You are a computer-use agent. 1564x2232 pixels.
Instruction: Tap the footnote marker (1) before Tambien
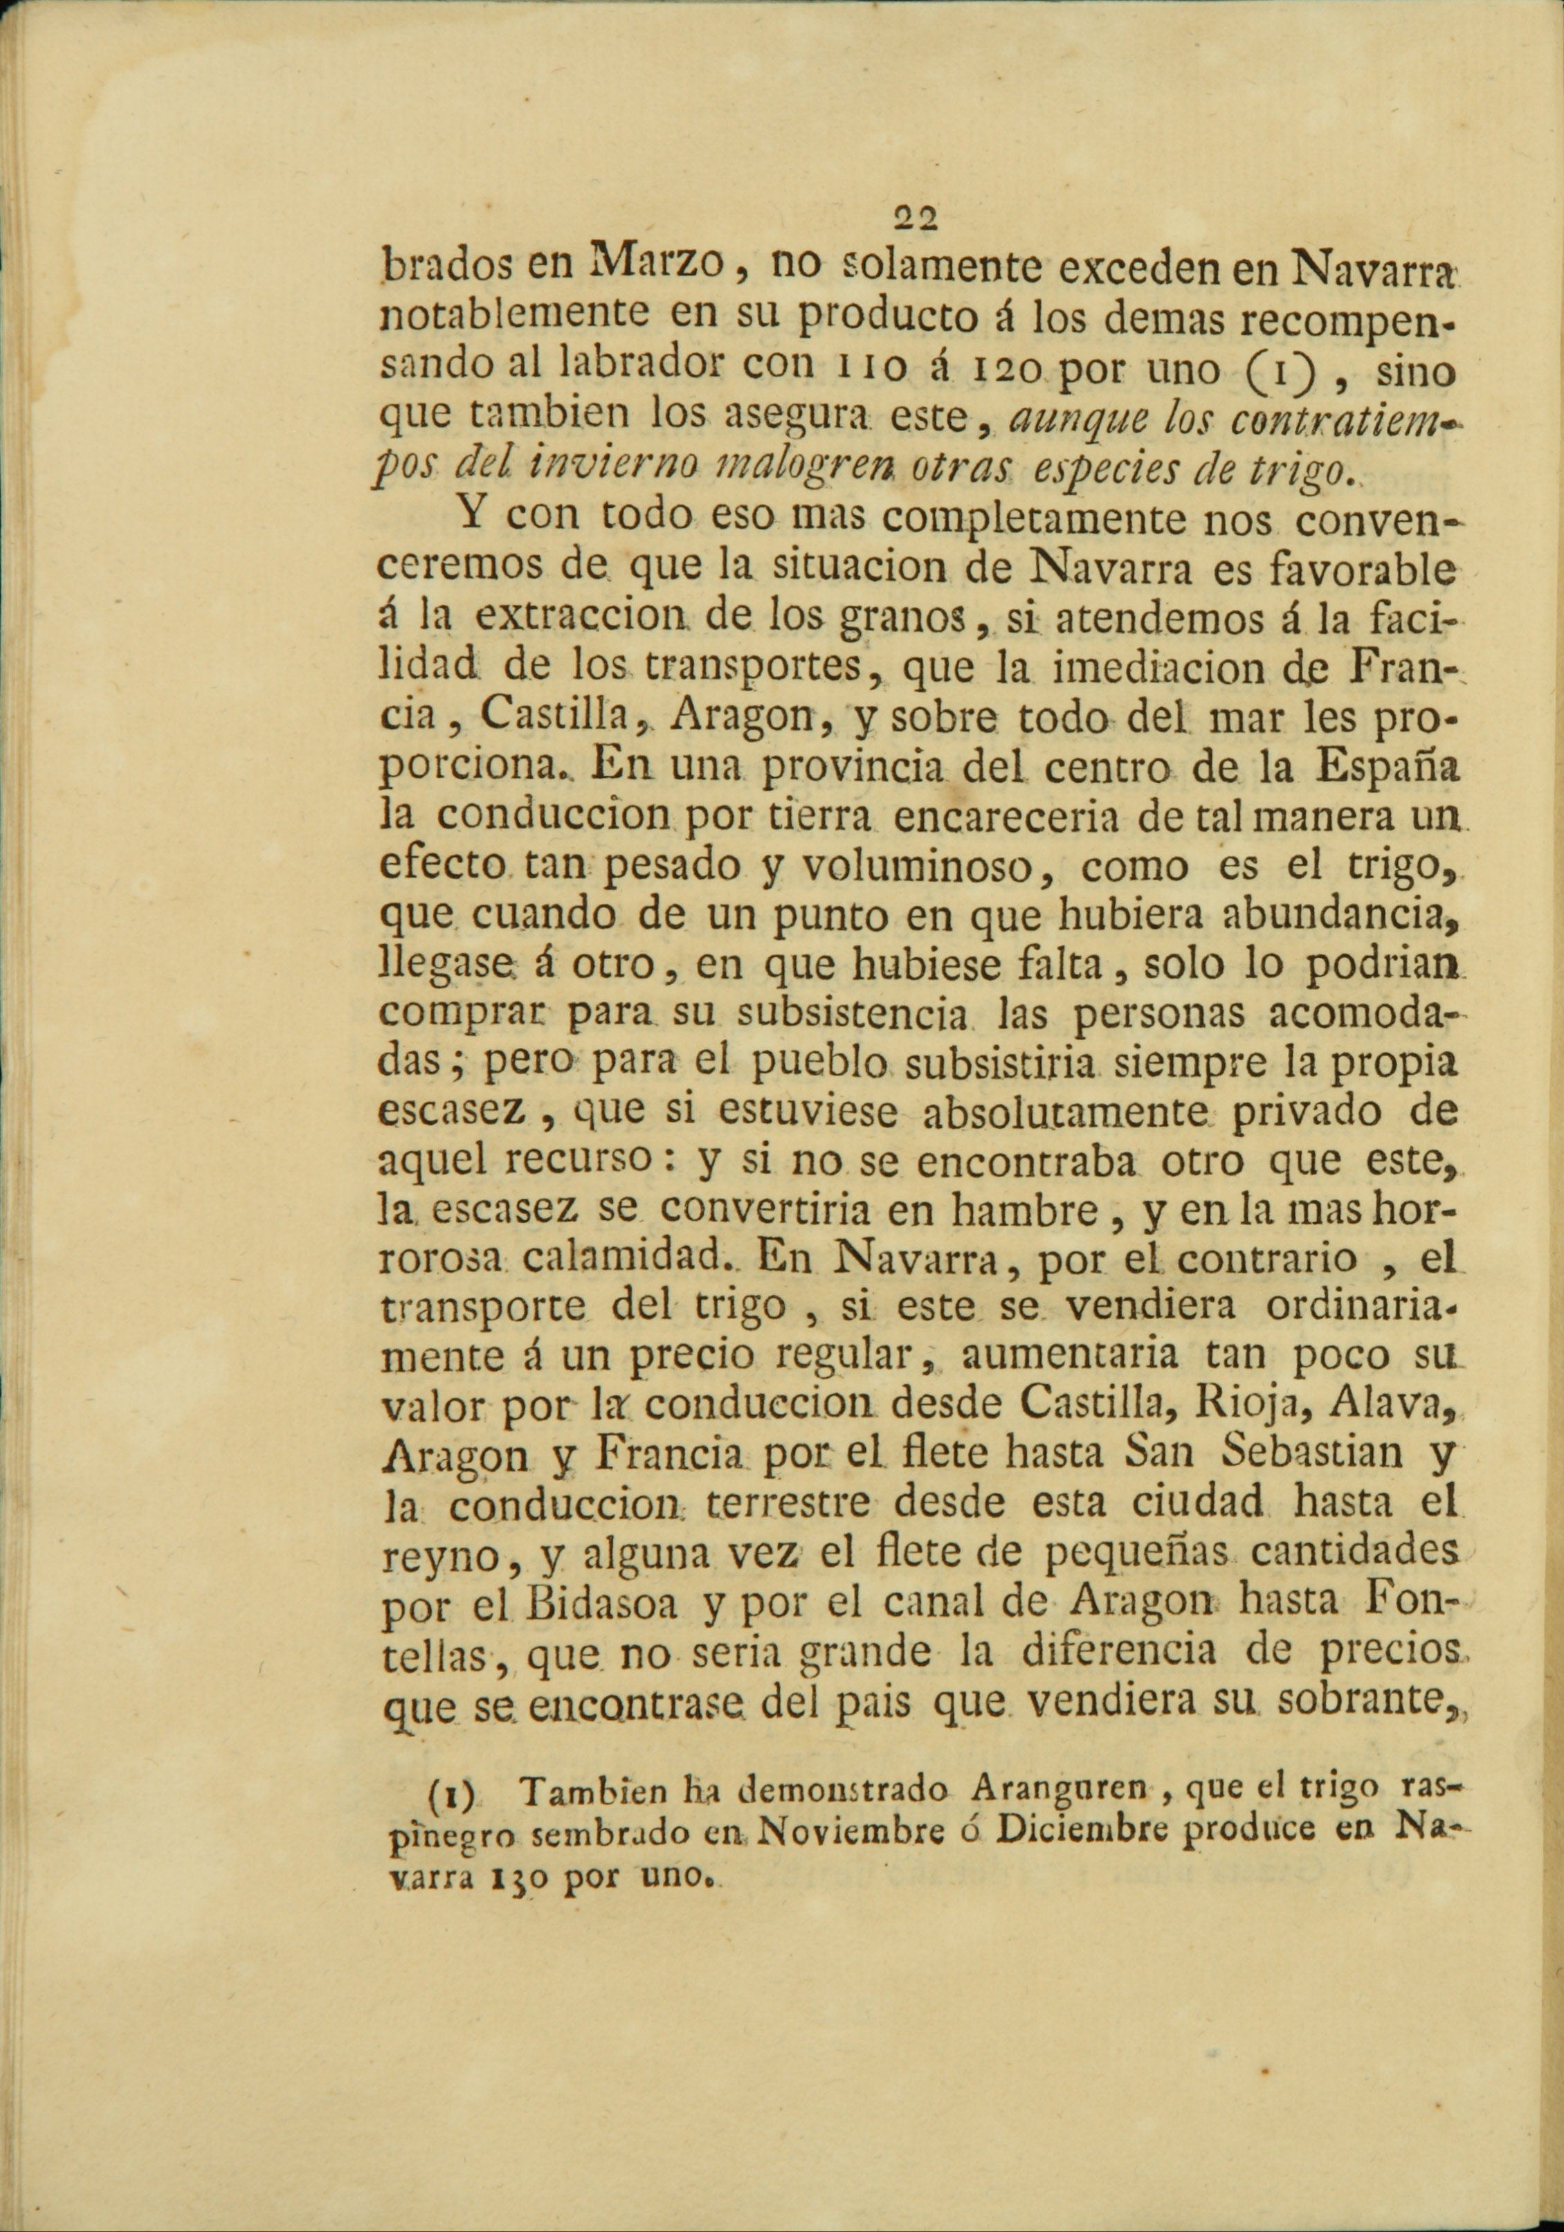click(450, 1790)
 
